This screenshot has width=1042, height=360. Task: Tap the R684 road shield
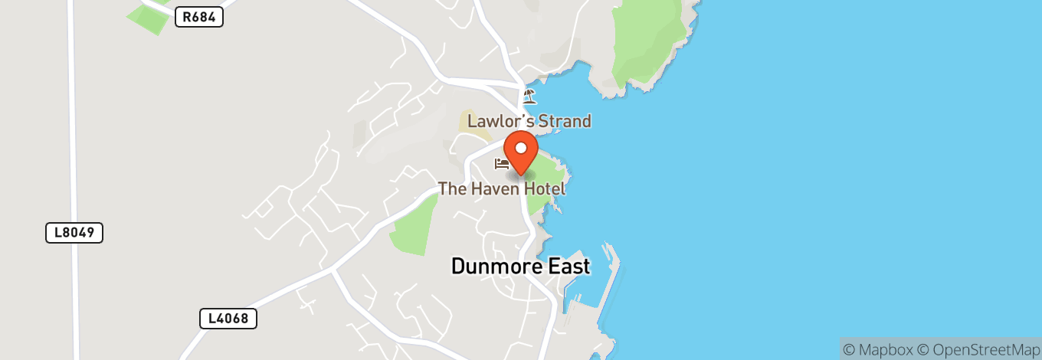[198, 17]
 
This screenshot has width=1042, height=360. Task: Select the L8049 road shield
[74, 233]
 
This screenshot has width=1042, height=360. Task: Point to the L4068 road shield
[228, 318]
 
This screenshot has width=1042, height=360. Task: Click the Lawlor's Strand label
[529, 121]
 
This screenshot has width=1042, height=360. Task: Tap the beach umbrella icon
[529, 97]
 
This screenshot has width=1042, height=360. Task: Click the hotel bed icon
[502, 164]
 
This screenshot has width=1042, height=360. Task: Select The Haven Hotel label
[502, 188]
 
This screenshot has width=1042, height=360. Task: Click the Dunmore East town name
[520, 267]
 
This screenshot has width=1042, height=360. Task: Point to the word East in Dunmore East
[568, 267]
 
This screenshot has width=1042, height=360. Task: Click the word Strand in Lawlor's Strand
[564, 121]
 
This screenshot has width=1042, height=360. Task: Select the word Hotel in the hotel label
[545, 188]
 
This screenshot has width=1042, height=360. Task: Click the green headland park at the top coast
[647, 42]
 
